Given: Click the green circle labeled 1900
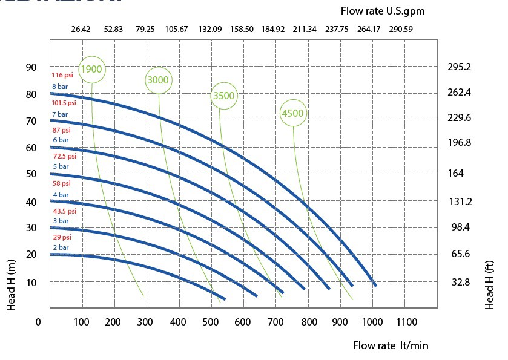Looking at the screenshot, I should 91,69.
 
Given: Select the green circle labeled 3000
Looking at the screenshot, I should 159,80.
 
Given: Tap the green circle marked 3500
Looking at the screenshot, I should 223,96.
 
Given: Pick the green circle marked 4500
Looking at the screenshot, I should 292,113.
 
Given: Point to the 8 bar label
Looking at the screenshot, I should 60,87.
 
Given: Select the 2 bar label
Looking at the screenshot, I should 60,248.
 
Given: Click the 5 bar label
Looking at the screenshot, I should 60,167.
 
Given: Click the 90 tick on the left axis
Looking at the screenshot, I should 31,67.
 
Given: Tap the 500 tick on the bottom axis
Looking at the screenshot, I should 211,322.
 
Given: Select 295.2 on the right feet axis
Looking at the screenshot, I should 459,67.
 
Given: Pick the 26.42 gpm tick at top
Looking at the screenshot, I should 81,28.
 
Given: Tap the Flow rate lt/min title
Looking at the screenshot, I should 391,345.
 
